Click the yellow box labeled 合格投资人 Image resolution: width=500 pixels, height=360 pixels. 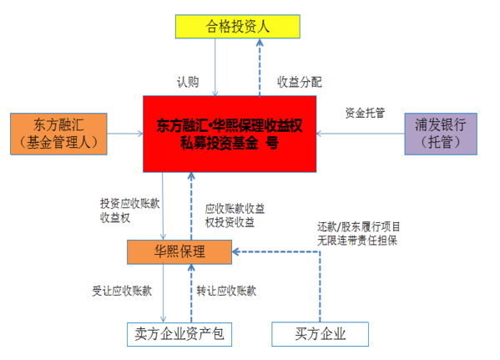[x=238, y=27]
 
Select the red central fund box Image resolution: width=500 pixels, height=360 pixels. [x=230, y=134]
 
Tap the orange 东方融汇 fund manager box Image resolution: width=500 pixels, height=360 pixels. [x=58, y=134]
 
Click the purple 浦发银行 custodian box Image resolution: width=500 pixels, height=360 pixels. [x=441, y=134]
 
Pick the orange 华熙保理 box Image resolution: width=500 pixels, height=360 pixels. [x=179, y=252]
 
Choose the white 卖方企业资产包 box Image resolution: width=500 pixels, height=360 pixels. [x=179, y=334]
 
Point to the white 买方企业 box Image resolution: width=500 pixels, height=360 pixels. [x=321, y=334]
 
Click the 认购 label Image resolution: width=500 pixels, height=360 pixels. [x=188, y=82]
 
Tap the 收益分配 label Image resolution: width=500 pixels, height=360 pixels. [x=300, y=82]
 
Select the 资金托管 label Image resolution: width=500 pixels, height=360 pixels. [x=365, y=113]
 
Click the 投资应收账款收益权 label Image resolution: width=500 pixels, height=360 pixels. [x=129, y=210]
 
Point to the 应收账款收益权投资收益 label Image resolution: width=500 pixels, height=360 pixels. [x=235, y=215]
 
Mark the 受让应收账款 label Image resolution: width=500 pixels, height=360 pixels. [x=122, y=291]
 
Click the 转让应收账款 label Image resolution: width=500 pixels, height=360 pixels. [x=226, y=291]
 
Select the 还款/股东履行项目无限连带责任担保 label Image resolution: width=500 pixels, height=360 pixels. [x=358, y=234]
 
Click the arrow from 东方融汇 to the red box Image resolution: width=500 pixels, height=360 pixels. [x=125, y=134]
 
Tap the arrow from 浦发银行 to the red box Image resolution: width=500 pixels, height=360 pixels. [x=361, y=134]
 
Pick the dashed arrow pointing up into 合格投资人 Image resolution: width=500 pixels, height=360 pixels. [x=260, y=68]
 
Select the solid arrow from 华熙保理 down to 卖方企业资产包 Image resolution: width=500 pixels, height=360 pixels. [x=164, y=293]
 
